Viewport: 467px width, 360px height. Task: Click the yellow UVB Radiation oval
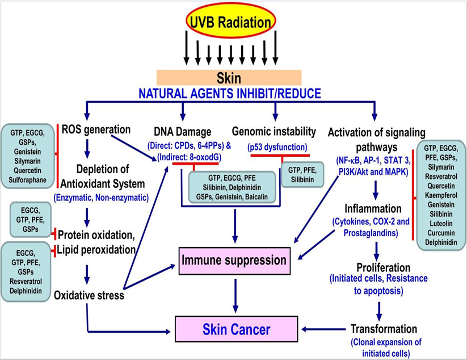[x=231, y=23]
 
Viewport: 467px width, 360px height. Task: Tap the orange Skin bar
[x=229, y=77]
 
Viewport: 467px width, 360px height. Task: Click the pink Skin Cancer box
[x=237, y=329]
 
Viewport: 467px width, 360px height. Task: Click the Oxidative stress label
[x=89, y=296]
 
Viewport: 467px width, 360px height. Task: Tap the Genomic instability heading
[x=275, y=130]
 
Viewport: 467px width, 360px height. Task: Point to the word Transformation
[x=384, y=329]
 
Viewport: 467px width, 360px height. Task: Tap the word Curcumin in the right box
[x=441, y=233]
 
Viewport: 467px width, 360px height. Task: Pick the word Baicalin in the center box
[x=260, y=198]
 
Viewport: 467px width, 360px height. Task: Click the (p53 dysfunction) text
[x=274, y=146]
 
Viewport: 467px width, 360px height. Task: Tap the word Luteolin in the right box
[x=441, y=223]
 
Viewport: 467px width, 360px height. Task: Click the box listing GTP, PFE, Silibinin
[x=302, y=173]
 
